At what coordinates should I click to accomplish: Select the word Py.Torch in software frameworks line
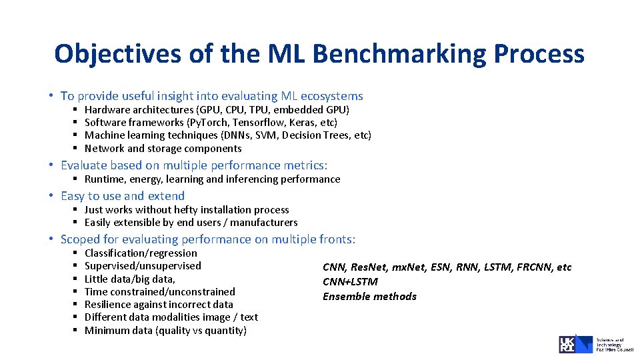(x=208, y=123)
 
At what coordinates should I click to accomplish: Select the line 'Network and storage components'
(x=163, y=149)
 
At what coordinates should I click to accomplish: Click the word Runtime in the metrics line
(x=105, y=179)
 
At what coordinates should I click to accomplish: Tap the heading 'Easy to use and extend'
(x=122, y=196)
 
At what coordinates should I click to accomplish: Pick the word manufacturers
(x=266, y=223)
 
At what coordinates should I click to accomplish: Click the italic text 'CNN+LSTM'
(x=350, y=282)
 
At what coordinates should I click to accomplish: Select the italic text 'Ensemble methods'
(x=369, y=297)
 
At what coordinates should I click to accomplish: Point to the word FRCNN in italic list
(x=533, y=267)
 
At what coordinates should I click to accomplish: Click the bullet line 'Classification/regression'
(x=141, y=253)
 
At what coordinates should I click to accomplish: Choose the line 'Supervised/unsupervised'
(x=143, y=266)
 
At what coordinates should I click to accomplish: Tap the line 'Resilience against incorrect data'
(x=159, y=305)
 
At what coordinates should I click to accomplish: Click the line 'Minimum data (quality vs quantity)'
(x=165, y=331)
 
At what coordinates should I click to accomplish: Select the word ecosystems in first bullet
(x=331, y=96)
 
